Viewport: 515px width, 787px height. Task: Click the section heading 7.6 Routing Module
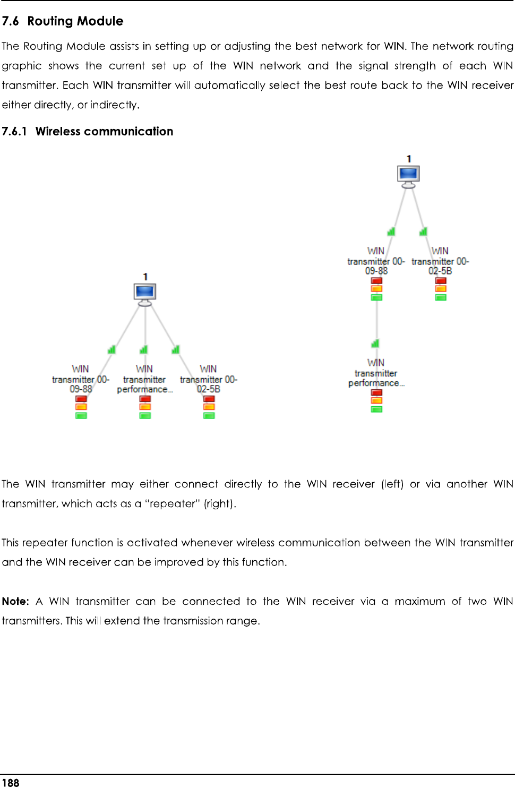[x=63, y=21]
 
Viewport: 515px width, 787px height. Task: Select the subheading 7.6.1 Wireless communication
[x=88, y=131]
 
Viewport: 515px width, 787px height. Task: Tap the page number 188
[x=11, y=782]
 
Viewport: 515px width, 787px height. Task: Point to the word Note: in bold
[x=15, y=601]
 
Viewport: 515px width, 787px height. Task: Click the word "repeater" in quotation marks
[x=173, y=503]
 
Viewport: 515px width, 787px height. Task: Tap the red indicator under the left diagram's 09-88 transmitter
[x=81, y=399]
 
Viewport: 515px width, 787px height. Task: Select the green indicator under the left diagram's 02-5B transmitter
[x=209, y=416]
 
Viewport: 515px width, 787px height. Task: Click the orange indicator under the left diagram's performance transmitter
[x=145, y=407]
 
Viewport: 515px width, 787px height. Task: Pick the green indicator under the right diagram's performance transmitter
[x=376, y=409]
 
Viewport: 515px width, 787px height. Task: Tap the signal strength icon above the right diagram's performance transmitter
[x=375, y=344]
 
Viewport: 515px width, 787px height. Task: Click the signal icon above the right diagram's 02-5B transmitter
[x=423, y=231]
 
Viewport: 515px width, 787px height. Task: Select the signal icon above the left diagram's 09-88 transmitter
[x=111, y=349]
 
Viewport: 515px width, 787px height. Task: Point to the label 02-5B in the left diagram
[x=209, y=389]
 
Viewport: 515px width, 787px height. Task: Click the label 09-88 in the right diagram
[x=376, y=271]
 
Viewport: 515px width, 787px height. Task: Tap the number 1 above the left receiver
[x=145, y=276]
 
